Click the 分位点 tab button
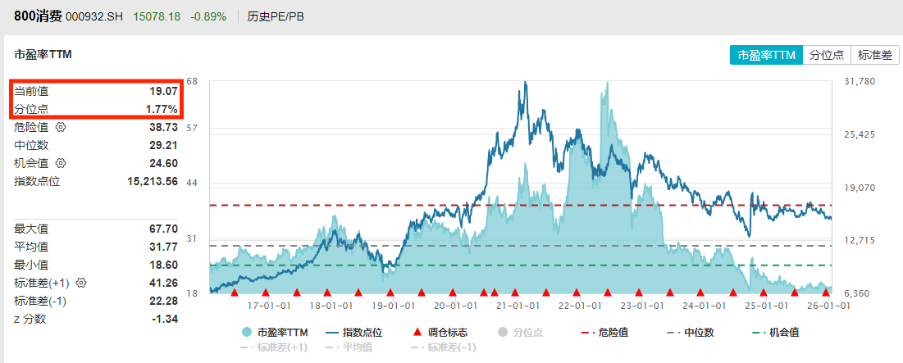click(827, 55)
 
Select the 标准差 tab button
click(874, 55)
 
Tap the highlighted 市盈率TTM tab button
click(766, 55)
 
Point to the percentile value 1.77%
click(161, 109)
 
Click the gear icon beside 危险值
click(60, 127)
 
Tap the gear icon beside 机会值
click(60, 163)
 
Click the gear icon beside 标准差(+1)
click(81, 283)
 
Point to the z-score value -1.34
click(165, 319)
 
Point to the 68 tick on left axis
click(192, 82)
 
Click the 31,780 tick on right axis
click(860, 82)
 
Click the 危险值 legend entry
click(606, 333)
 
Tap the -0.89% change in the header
click(208, 16)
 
